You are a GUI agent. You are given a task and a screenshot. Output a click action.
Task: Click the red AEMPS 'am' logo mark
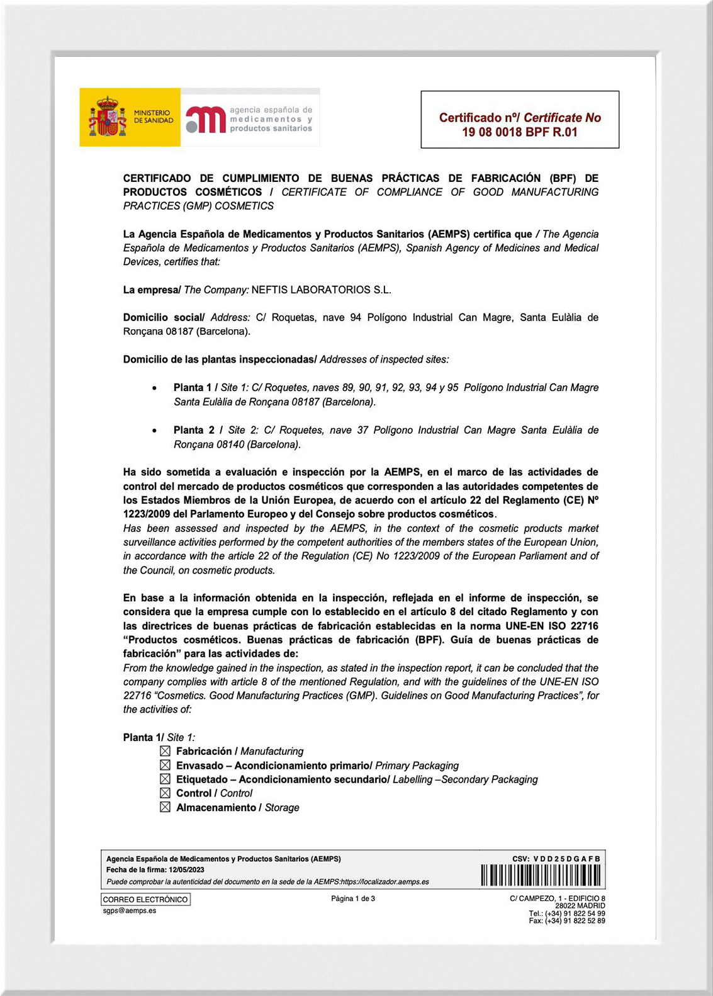pyautogui.click(x=206, y=120)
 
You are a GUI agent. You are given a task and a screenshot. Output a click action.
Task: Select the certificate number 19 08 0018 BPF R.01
pyautogui.click(x=519, y=132)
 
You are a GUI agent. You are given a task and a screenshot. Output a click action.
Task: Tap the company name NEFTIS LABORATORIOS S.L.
pyautogui.click(x=321, y=290)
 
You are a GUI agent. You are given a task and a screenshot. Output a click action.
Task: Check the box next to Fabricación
pyautogui.click(x=165, y=751)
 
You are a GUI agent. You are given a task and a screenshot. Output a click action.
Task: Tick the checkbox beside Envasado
pyautogui.click(x=165, y=765)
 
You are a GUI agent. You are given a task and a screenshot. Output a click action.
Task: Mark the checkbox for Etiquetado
pyautogui.click(x=165, y=779)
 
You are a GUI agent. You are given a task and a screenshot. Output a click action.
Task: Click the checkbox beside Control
pyautogui.click(x=165, y=793)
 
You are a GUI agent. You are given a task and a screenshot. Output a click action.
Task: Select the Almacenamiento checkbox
pyautogui.click(x=165, y=807)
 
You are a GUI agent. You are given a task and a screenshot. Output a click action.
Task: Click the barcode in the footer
pyautogui.click(x=541, y=875)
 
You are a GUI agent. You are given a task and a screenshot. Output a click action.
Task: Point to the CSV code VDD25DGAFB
pyautogui.click(x=566, y=859)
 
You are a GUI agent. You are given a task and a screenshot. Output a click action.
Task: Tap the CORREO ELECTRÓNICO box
pyautogui.click(x=145, y=900)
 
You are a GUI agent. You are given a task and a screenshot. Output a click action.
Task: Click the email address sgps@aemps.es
pyautogui.click(x=130, y=910)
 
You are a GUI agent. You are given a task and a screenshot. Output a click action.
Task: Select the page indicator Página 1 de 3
pyautogui.click(x=353, y=898)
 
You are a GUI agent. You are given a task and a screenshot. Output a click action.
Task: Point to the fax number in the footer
pyautogui.click(x=567, y=920)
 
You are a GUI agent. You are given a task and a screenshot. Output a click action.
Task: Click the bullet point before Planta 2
pyautogui.click(x=155, y=431)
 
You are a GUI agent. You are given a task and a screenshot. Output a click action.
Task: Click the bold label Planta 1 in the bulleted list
pyautogui.click(x=193, y=388)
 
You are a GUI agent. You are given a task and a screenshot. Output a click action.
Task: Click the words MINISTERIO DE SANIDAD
pyautogui.click(x=153, y=116)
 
